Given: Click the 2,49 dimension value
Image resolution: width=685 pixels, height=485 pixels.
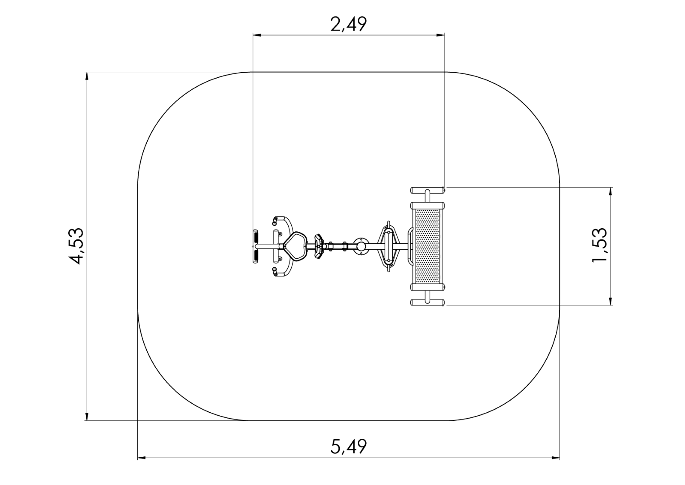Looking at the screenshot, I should [348, 24].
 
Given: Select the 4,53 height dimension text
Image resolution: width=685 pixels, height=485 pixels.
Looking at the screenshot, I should [76, 246].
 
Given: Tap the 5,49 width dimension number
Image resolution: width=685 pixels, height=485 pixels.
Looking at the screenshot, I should [348, 446].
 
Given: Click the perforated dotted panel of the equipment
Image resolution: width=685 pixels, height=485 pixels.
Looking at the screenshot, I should [427, 246].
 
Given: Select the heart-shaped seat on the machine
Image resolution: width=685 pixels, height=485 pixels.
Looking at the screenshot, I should [295, 246].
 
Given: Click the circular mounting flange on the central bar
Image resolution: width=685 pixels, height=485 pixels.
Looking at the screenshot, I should [361, 246].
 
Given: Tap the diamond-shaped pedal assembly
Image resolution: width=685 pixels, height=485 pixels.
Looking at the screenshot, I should [389, 246].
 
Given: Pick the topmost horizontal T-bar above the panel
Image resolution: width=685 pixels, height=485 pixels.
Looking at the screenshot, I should [427, 190].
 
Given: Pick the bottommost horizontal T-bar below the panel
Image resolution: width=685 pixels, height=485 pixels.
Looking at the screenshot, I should [427, 302].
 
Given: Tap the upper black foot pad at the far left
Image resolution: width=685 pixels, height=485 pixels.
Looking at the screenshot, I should [255, 236].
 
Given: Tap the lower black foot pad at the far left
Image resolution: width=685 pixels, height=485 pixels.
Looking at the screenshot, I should [255, 256].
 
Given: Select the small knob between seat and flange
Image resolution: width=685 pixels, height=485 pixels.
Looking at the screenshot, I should [319, 246].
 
